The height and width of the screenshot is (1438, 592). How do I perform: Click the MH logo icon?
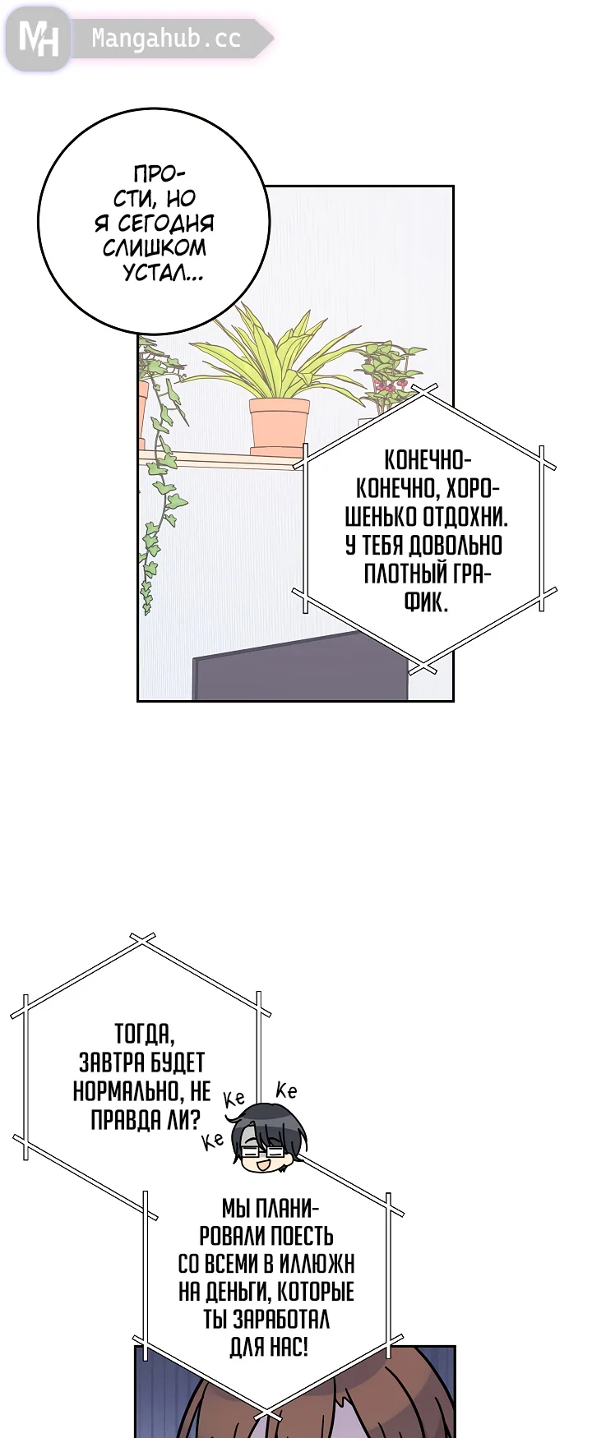click(x=38, y=38)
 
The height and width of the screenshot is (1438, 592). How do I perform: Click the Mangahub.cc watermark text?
click(x=166, y=39)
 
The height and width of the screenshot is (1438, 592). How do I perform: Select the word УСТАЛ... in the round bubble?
click(x=164, y=273)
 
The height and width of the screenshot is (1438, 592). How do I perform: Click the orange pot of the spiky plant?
click(x=280, y=426)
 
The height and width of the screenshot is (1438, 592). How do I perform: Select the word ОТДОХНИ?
click(x=465, y=518)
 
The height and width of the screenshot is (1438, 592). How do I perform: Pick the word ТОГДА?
click(x=144, y=1034)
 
